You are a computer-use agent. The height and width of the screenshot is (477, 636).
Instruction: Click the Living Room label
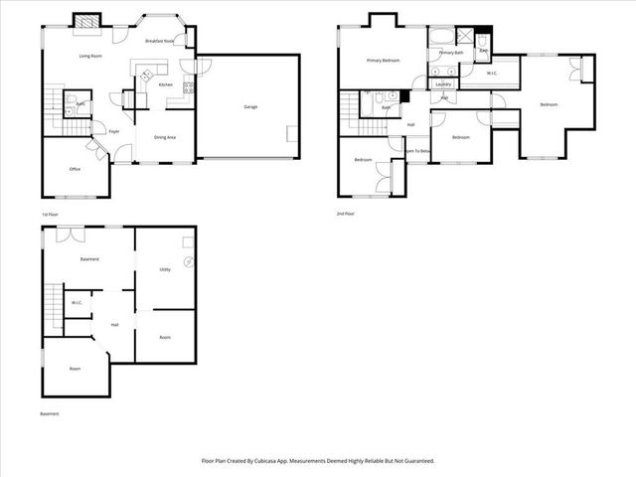(x=92, y=56)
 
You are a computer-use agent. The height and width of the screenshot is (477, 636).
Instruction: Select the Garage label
(x=251, y=106)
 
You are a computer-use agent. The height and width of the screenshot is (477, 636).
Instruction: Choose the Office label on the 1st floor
(x=75, y=169)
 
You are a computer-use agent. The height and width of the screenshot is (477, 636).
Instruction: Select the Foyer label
(x=114, y=131)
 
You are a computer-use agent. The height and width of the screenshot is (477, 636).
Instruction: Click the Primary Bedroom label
(x=383, y=61)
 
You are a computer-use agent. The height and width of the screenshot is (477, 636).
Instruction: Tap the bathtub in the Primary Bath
(x=441, y=38)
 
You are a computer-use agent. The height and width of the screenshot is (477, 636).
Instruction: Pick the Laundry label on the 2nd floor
(x=443, y=84)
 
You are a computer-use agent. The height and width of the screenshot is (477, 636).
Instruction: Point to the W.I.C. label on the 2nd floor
(x=492, y=74)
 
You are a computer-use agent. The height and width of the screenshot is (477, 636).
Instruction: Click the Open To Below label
(x=417, y=151)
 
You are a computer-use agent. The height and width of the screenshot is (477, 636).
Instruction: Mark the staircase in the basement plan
(x=51, y=299)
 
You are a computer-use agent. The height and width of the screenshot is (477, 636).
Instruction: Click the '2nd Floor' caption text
(x=347, y=214)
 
